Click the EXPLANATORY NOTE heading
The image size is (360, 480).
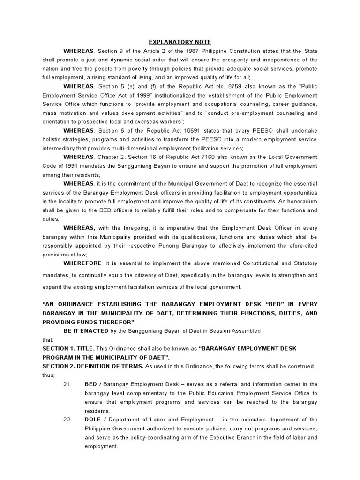180,42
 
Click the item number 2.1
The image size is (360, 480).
67,384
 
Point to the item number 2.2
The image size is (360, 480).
67,420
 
